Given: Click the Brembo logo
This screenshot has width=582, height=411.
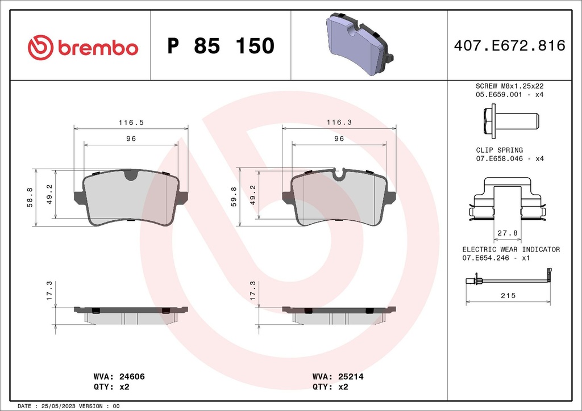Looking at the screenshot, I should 83,47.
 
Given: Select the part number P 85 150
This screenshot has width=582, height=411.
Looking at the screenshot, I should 221,46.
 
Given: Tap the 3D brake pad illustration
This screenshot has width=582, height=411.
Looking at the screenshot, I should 359,45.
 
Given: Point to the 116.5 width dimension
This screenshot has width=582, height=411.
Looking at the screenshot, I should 130,122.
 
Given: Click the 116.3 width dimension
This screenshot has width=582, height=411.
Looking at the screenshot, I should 339,122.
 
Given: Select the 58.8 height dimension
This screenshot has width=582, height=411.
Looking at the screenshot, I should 30,198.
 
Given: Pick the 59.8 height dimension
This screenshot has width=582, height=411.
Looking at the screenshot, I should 234,198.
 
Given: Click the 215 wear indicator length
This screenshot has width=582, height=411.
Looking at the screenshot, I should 508,296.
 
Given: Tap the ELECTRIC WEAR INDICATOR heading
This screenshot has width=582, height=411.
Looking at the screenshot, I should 510,249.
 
